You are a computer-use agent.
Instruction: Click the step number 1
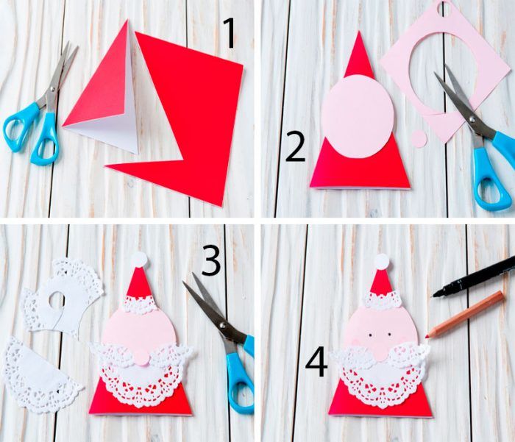point(230,33)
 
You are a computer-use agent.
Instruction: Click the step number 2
point(295,147)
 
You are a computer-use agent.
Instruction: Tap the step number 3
point(210,261)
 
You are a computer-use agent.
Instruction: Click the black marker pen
point(474,277)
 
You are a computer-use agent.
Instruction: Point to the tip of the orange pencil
point(426,337)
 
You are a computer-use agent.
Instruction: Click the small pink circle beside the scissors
point(419,138)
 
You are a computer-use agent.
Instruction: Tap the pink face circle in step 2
point(358,117)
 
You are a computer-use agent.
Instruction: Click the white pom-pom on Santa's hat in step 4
point(382,262)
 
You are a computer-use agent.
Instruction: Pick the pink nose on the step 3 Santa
point(141,357)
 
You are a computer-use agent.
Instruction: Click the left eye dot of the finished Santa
point(370,335)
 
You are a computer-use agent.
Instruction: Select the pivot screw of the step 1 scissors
point(52,89)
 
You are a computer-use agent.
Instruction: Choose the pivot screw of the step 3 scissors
point(223,325)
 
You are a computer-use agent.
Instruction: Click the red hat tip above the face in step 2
point(359,54)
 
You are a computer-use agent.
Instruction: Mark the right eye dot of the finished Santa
point(390,335)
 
